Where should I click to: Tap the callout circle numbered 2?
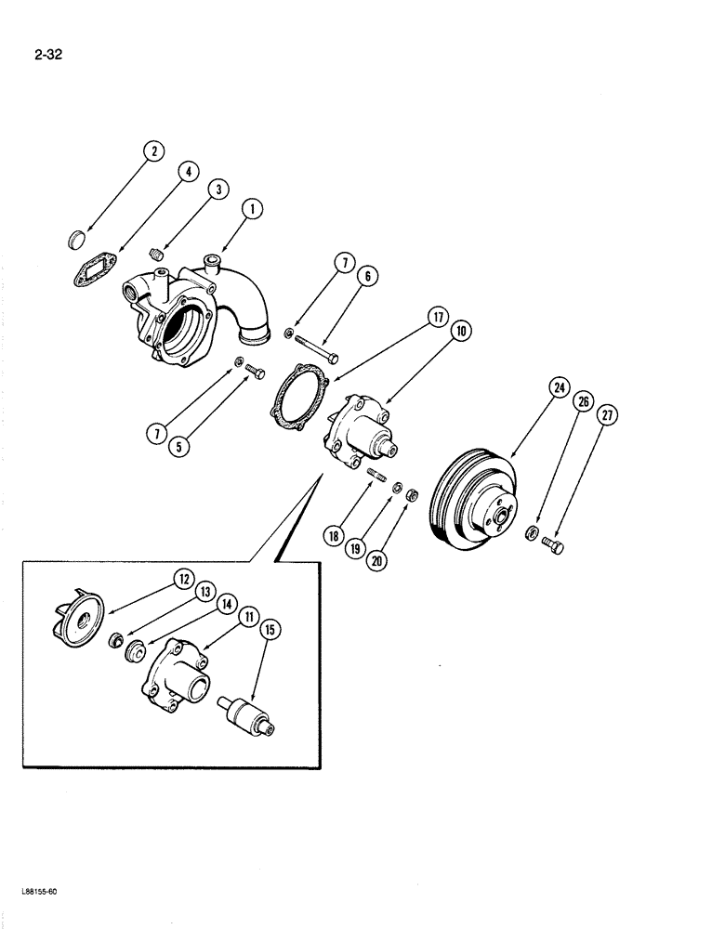click(x=153, y=150)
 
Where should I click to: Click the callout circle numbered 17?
click(x=436, y=318)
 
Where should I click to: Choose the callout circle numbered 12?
click(x=180, y=580)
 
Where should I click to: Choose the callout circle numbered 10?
click(x=460, y=331)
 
